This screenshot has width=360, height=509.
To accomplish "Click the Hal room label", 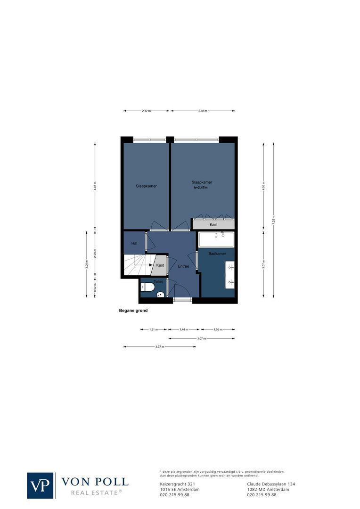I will click(x=134, y=243).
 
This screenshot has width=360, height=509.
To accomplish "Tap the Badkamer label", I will click(x=217, y=254).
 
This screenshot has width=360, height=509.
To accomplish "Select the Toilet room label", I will click(x=158, y=281).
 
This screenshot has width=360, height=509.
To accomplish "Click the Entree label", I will click(x=183, y=266).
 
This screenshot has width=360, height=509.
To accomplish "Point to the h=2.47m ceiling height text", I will click(x=201, y=188).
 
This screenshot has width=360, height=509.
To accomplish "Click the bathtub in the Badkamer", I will click(x=216, y=240).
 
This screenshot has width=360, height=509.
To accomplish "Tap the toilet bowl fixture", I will click(x=148, y=287).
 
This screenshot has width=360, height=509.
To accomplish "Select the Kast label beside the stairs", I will click(x=160, y=265).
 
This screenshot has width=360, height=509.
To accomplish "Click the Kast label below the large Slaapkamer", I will click(x=213, y=225).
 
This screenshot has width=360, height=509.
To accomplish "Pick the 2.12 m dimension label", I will click(x=146, y=111).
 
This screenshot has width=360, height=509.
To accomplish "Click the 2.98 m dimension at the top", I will click(x=203, y=111).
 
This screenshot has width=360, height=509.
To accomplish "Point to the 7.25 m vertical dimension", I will click(x=273, y=219).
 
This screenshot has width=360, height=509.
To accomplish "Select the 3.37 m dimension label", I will click(x=159, y=347).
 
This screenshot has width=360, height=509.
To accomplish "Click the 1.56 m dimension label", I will click(x=218, y=329).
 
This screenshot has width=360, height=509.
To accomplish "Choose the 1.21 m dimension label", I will click(x=153, y=329).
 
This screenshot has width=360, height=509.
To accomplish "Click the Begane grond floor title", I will click(x=133, y=311).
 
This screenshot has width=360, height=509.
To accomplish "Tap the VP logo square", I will click(x=41, y=485).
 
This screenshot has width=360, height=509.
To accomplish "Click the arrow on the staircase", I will click(x=151, y=265).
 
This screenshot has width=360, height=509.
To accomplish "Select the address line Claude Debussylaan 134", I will click(x=271, y=484).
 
